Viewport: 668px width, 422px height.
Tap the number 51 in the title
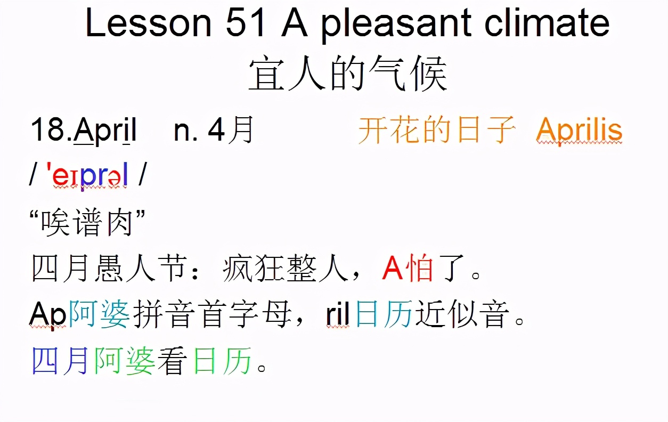coord(245,23)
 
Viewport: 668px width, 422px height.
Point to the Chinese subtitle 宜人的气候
coord(347,75)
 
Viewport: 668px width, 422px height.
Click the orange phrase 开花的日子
coord(437,130)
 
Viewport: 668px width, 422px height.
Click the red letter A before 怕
coord(392,270)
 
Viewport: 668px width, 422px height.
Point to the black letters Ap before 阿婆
coord(47,316)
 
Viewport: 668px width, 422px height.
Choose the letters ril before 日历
coord(337,315)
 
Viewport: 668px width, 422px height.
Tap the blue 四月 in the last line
coord(60,362)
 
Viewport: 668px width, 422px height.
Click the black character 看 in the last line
coord(172,362)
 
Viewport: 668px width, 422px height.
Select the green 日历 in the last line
coord(222,362)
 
